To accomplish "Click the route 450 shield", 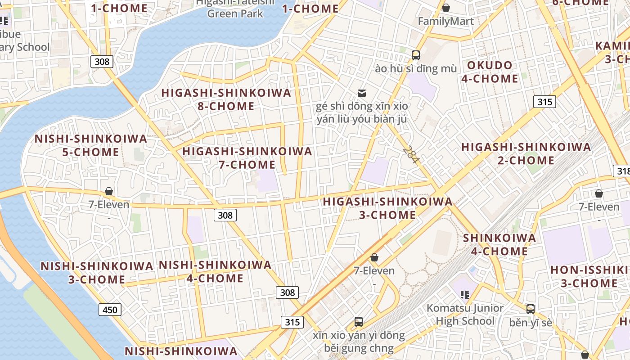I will tap(110, 310).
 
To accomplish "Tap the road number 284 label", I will tap(411, 154).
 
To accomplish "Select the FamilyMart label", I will tap(445, 21).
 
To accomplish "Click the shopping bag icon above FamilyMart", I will tap(446, 8).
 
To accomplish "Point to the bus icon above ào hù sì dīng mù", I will tap(415, 55).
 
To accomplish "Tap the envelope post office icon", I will tap(362, 93).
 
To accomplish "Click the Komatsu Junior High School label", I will tap(465, 315).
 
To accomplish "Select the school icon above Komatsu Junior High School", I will tap(465, 295).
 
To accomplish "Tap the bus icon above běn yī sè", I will tap(531, 309).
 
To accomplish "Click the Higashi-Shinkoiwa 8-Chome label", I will tap(226, 99).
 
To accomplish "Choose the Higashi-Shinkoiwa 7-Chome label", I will tap(247, 158).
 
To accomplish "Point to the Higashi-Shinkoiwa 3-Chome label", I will tap(387, 208).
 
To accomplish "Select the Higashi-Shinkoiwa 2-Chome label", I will tap(526, 154).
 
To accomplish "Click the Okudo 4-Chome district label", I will tap(490, 72).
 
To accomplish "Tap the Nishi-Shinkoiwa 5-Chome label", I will tap(91, 145).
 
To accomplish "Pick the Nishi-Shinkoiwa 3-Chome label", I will tap(97, 273).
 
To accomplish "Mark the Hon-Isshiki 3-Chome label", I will tap(589, 276).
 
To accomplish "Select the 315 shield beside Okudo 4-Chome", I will tap(544, 102).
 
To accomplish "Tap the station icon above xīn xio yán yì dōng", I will tap(359, 322).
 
